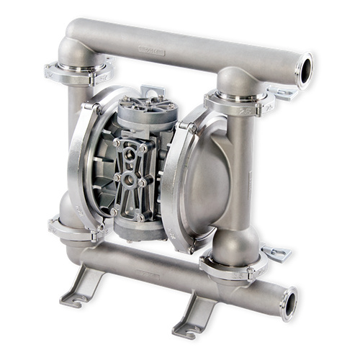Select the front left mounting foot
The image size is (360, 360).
pos(81,288)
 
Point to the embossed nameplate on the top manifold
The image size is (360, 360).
pos(150,52)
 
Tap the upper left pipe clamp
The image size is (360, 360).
pos(78,72)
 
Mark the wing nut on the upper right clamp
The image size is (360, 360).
pos(281,93)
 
